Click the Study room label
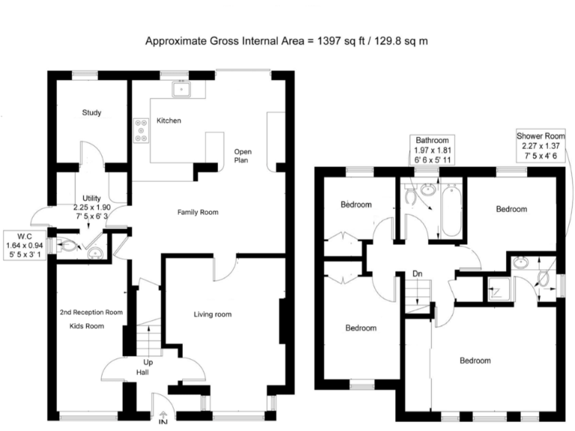click(x=91, y=113)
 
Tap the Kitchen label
click(x=168, y=120)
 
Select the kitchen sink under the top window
click(x=180, y=90)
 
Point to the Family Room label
click(x=198, y=213)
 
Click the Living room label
click(x=213, y=314)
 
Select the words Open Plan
click(x=243, y=155)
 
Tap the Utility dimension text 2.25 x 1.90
click(x=91, y=207)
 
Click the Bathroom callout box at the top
click(x=432, y=150)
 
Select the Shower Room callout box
click(x=540, y=146)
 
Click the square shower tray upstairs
click(x=496, y=288)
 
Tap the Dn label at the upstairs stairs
click(x=418, y=274)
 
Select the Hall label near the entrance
click(x=142, y=372)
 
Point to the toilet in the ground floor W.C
click(x=68, y=244)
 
